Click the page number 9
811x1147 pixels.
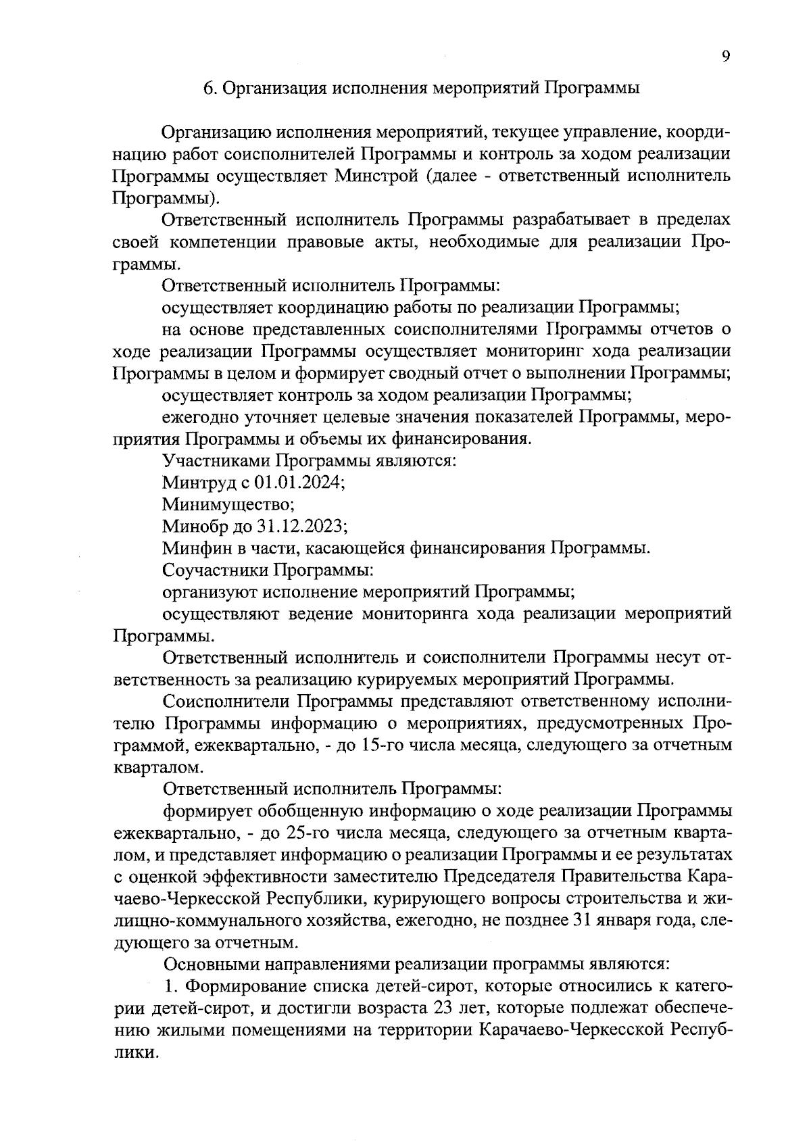pos(725,57)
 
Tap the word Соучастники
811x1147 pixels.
pos(214,570)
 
